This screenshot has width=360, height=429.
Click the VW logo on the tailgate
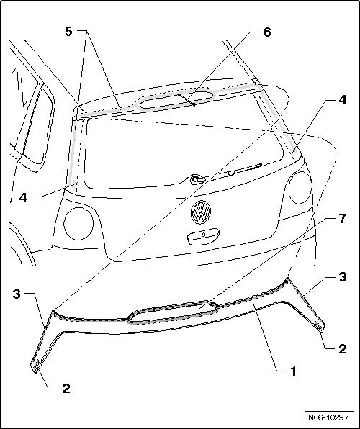point(199,212)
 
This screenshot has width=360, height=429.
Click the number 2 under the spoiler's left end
point(66,388)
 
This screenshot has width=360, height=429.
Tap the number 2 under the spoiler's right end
point(343,349)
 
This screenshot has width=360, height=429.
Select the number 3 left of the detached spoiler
point(16,293)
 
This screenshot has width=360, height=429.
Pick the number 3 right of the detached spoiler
point(343,276)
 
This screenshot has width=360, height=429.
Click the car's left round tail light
point(78,223)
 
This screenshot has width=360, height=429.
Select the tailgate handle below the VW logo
point(202,235)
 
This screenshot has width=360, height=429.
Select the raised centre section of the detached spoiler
point(173,310)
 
